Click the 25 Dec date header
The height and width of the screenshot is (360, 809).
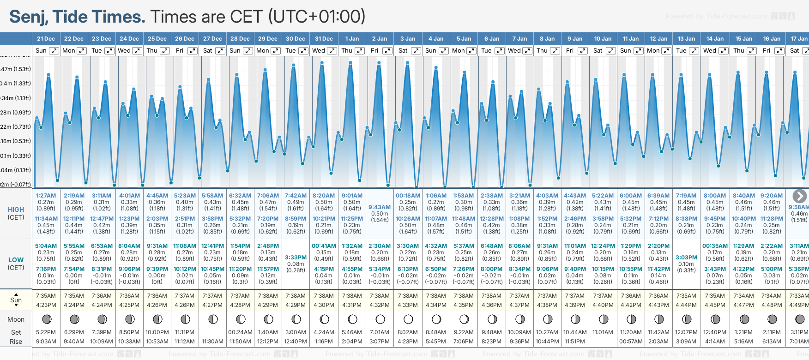click(157, 39)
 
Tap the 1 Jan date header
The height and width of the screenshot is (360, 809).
click(352, 39)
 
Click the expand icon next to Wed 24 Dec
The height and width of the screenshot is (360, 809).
click(137, 51)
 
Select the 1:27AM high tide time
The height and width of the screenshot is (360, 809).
click(46, 196)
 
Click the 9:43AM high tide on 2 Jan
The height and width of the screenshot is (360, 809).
click(380, 207)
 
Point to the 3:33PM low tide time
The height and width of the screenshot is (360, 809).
click(296, 258)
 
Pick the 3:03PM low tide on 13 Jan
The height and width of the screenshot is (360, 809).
click(686, 258)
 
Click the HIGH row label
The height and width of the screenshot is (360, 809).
click(16, 210)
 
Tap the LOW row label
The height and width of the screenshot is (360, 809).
click(16, 260)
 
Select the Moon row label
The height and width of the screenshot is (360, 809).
click(16, 319)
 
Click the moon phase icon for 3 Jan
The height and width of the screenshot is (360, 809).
click(408, 319)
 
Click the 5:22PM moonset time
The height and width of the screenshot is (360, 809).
click(46, 332)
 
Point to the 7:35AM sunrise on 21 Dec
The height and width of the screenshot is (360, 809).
click(46, 296)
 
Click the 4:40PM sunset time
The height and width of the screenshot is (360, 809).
click(603, 305)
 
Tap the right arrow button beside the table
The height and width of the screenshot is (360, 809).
click(799, 196)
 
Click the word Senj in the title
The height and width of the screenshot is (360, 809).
click(28, 17)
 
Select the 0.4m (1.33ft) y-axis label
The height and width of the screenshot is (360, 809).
click(16, 84)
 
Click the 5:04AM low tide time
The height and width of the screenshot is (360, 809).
click(46, 246)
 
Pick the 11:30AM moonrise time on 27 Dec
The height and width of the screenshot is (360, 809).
click(212, 342)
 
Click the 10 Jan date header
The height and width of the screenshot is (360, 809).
click(603, 39)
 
